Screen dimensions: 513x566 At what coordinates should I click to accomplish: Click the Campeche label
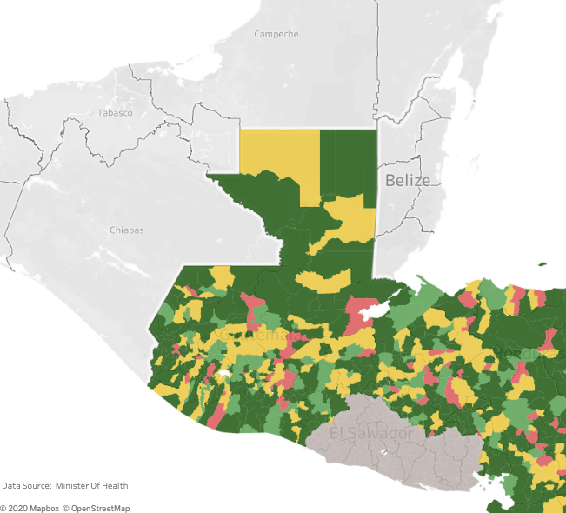tap(276, 34)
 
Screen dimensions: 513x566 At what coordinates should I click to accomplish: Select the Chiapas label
tap(126, 230)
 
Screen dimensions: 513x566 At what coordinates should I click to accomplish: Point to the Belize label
tap(408, 181)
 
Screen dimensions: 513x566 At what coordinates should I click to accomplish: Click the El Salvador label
tap(371, 433)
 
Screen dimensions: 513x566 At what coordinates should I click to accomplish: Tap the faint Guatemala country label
tap(261, 335)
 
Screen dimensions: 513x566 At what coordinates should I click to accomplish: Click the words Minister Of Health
tap(91, 486)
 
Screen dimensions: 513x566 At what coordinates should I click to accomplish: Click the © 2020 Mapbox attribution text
tap(28, 508)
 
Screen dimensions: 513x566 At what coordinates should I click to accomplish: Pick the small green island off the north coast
tap(543, 263)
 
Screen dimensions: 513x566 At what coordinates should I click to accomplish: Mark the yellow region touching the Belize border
tap(352, 217)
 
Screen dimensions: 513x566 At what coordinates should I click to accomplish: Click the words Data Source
tap(26, 486)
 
